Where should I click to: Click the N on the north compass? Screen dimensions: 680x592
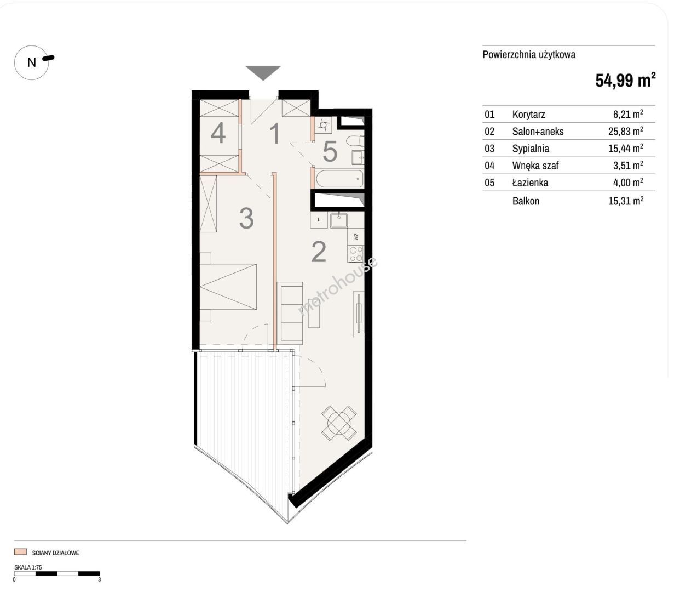point(32,62)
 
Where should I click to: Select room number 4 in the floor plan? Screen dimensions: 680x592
point(218,133)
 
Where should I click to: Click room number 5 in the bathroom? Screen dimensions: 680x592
point(330,151)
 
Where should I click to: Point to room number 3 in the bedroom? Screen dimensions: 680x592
point(246,219)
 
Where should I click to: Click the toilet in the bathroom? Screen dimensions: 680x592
point(355,141)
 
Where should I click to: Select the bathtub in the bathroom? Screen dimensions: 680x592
point(339,179)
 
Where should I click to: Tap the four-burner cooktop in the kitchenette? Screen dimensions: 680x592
point(356,254)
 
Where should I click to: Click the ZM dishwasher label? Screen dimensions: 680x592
point(356,237)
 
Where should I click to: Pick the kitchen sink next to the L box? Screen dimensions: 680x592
point(339,220)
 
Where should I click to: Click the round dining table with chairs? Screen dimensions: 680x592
point(339,423)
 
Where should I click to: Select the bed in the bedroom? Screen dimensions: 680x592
point(228,287)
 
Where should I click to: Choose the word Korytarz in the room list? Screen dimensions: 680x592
point(528,115)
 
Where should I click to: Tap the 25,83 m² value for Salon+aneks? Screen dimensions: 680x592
point(625,131)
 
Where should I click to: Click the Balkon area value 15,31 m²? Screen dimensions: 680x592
point(625,201)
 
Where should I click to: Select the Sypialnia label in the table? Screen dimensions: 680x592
point(531,149)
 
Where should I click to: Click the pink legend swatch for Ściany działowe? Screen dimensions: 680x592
point(20,552)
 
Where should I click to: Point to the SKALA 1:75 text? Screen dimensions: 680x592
point(28,567)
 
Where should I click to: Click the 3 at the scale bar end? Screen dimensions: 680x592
point(100,579)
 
